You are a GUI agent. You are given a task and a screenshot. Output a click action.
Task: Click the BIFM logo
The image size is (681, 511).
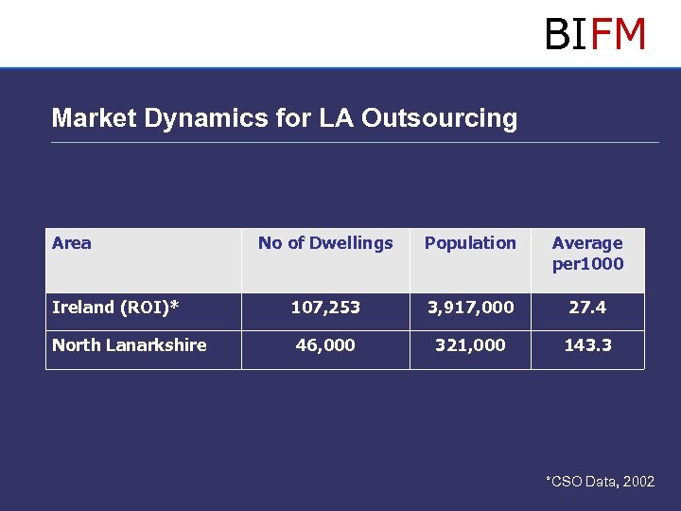point(595,34)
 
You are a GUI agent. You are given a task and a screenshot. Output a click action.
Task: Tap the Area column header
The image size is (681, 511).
point(72,243)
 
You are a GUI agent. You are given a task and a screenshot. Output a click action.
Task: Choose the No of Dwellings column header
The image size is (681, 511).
point(325,243)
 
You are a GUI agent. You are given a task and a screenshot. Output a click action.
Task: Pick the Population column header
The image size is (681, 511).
point(470,243)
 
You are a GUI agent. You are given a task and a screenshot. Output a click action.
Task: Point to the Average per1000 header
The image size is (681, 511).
point(587,253)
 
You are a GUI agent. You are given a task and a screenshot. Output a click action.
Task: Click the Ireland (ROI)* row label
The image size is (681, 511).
point(115,308)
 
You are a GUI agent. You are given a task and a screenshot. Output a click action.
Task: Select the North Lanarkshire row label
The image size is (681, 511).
point(130,345)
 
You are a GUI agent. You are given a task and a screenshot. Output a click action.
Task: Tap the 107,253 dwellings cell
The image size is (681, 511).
point(325,308)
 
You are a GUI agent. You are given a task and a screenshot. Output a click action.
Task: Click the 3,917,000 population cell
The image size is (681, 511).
point(470,308)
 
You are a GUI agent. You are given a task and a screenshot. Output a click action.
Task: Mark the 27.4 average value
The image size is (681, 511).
point(587,308)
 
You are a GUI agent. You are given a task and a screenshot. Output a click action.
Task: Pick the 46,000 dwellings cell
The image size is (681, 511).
point(325,345)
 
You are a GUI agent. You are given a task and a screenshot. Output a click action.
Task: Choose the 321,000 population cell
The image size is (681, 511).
point(470,345)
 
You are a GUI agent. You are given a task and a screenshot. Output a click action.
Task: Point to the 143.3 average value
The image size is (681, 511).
point(587,345)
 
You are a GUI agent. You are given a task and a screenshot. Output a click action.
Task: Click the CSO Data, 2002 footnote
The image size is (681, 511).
point(600,482)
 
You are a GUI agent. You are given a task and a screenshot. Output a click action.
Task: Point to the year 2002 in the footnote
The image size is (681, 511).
point(638,482)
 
